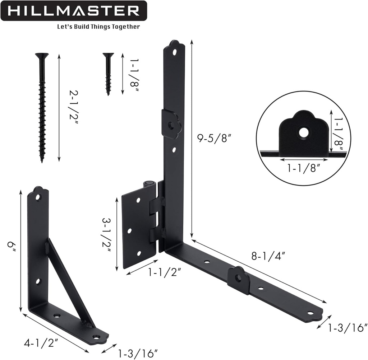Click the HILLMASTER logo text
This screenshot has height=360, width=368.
pyautogui.click(x=73, y=11)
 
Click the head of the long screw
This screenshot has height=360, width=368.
pyautogui.click(x=42, y=56)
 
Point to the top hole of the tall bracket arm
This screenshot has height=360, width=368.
pyautogui.click(x=174, y=52)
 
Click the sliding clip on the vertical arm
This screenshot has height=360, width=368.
pyautogui.click(x=171, y=124)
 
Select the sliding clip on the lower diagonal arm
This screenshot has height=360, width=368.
pyautogui.click(x=239, y=280)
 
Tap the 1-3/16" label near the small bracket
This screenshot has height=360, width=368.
pyautogui.click(x=138, y=353)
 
